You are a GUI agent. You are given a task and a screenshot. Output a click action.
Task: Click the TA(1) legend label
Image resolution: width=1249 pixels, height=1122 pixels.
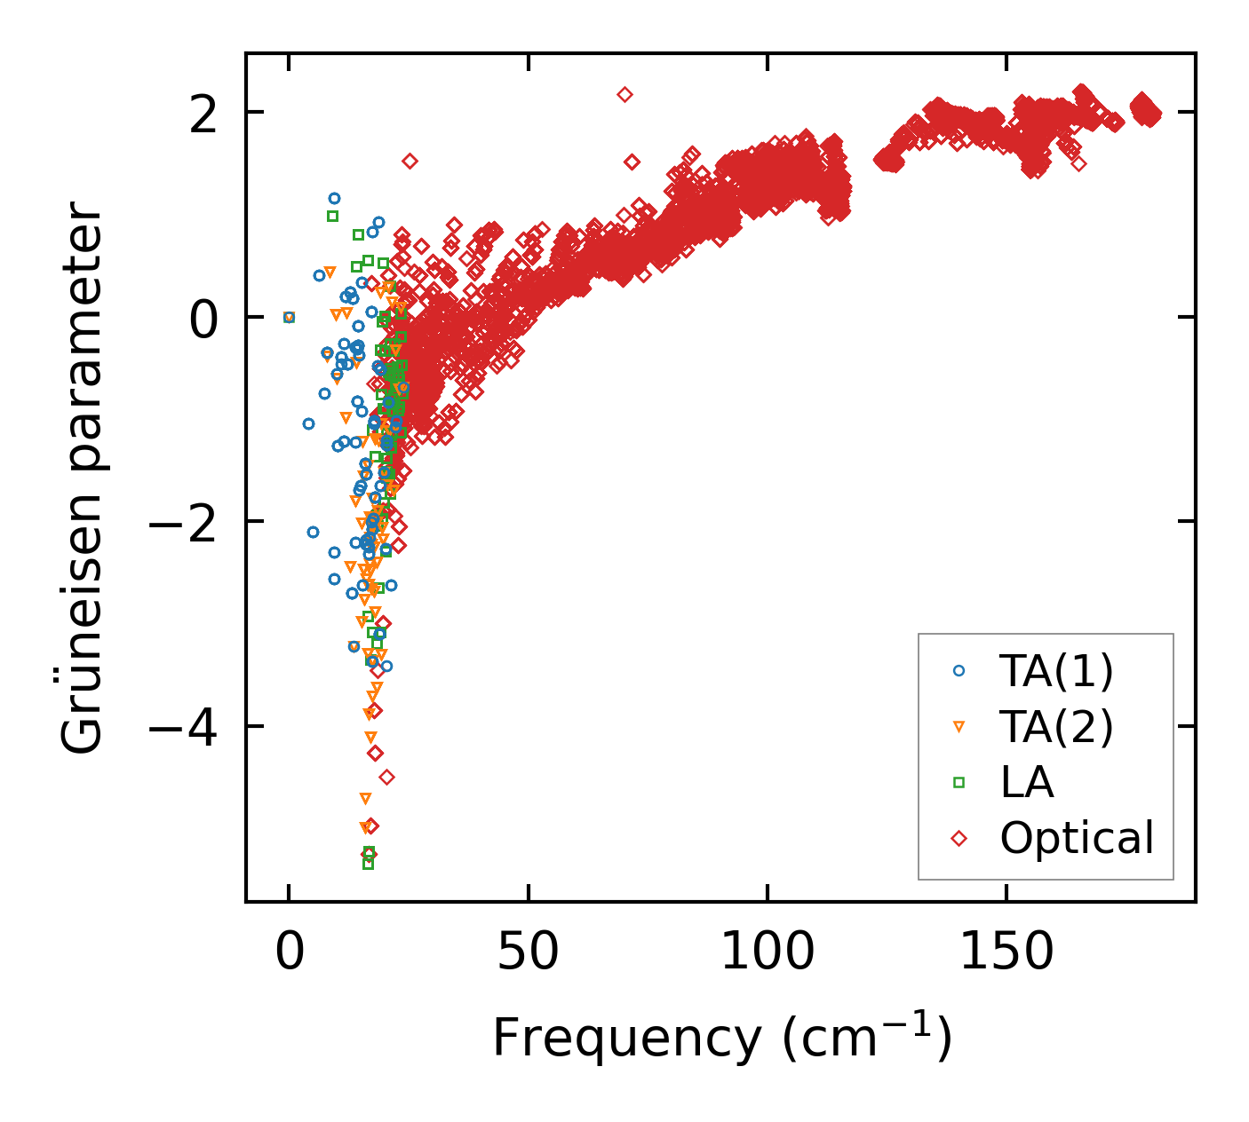coord(1056,672)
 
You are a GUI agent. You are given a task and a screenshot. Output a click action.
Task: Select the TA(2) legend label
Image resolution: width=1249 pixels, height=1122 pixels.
coord(1056,727)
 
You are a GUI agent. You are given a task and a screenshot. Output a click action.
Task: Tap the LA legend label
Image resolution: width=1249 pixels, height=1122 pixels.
coord(1027,782)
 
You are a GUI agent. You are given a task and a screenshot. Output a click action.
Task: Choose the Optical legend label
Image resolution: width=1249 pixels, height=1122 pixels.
coord(1077,838)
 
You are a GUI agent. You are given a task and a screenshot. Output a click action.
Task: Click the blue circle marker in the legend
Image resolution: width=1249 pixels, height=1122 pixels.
coord(959,671)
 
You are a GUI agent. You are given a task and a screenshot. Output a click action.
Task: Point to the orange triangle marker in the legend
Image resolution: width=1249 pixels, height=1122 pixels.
coord(959,727)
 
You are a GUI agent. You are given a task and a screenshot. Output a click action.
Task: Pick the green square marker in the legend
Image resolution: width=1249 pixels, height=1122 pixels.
coord(959,782)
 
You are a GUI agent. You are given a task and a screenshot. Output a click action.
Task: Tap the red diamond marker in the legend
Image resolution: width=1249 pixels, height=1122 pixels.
coord(959,838)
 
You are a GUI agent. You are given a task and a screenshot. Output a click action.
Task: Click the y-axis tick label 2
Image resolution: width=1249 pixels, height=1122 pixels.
coord(205,113)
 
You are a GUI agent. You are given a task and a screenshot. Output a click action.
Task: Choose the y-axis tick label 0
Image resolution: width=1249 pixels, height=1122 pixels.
coord(205,317)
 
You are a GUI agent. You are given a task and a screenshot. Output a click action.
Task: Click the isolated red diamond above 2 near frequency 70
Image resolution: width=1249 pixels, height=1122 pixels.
coord(624,94)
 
